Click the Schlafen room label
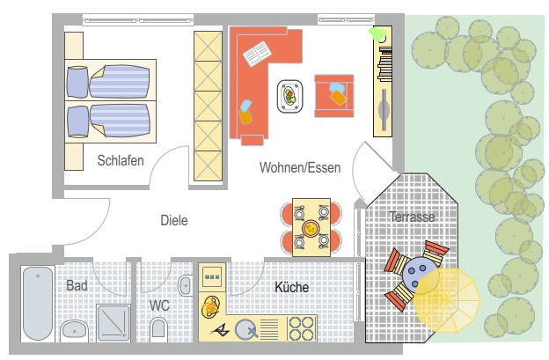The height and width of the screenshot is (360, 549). tap(121, 160)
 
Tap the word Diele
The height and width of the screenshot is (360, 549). tap(174, 220)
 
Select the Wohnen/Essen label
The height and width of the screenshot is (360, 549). tap(300, 168)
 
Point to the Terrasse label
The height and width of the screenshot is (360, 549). tap(412, 217)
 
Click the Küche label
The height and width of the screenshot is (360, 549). tap(292, 287)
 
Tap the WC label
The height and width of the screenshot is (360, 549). tap(159, 305)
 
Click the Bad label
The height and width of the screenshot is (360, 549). tap(77, 285)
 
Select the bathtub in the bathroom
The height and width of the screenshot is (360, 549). tap(38, 304)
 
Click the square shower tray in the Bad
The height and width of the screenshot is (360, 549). tap(113, 323)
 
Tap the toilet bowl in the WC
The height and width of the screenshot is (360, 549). tap(158, 329)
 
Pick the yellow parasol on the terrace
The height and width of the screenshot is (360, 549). tap(447, 300)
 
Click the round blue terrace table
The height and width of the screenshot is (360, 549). tap(419, 273)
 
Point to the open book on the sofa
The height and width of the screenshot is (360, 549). tap(257, 54)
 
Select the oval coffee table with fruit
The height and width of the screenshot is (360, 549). tap(290, 96)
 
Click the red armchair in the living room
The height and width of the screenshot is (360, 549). tap(334, 96)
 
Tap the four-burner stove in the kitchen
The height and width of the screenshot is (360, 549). tap(301, 328)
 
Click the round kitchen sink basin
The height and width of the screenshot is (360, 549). tap(245, 330)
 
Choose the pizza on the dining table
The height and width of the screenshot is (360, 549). tap(311, 229)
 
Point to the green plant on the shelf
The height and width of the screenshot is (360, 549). tap(377, 34)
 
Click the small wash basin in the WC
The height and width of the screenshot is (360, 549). tap(185, 285)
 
